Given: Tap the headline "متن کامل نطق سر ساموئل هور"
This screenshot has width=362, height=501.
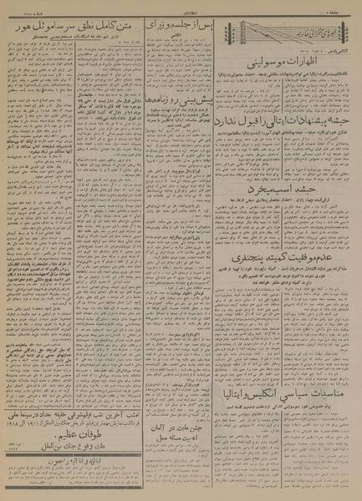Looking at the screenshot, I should tap(73, 28).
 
